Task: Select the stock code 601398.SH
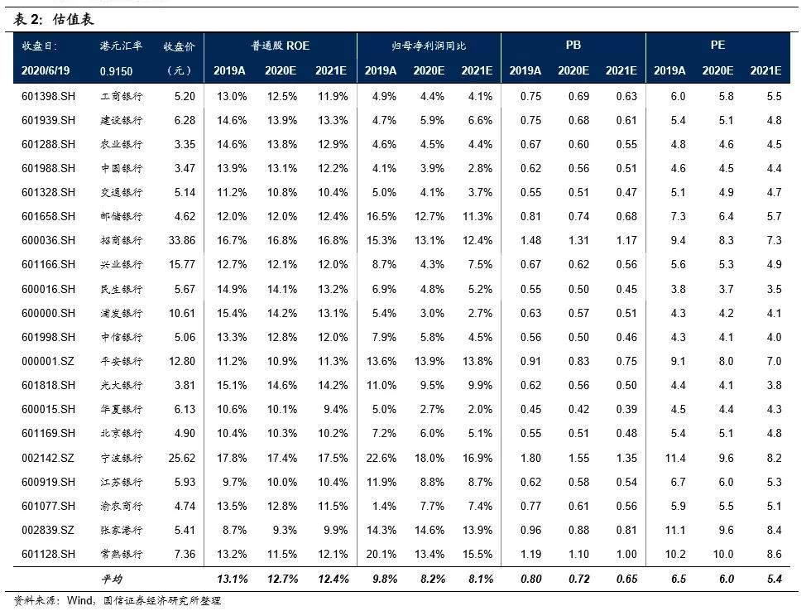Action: click(x=48, y=96)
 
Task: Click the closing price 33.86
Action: click(x=181, y=241)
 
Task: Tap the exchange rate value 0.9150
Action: click(x=116, y=71)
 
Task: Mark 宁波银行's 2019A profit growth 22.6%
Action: click(x=381, y=458)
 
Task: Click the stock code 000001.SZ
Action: click(x=48, y=361)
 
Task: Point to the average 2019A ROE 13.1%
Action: click(x=231, y=579)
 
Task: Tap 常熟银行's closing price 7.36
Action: click(x=184, y=554)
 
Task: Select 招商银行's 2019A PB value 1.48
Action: click(x=530, y=241)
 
